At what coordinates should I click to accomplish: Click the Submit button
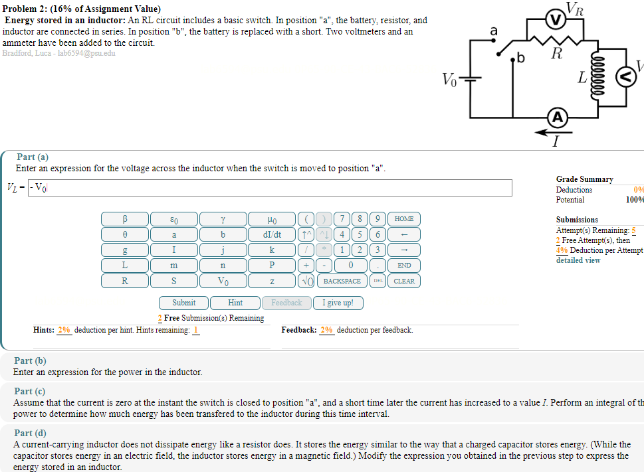[183, 303]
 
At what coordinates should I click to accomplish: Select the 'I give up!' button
[338, 303]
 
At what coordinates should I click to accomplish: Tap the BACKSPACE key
[342, 281]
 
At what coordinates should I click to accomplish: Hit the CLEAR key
[403, 281]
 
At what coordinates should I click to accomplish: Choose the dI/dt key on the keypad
[272, 234]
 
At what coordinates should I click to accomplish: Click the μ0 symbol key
[272, 218]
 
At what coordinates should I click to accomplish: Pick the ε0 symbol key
[173, 218]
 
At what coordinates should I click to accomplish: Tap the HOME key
[403, 218]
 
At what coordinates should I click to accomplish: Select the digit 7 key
[342, 218]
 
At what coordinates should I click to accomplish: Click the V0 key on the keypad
[223, 281]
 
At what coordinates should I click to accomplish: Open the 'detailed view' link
[578, 260]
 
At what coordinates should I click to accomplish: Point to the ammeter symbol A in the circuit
[557, 118]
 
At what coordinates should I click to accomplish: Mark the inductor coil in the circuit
[596, 78]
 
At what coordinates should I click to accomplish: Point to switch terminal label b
[521, 60]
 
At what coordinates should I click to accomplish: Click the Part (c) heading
[30, 392]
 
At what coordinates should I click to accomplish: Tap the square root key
[308, 281]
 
